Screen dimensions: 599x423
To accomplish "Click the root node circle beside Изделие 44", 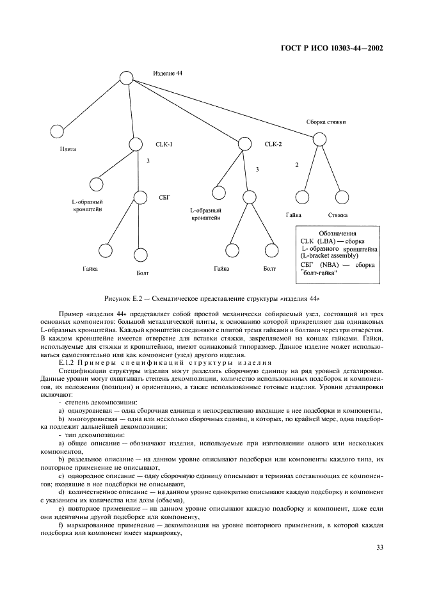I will coord(126,78).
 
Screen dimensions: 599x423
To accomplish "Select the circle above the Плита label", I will coord(57,131).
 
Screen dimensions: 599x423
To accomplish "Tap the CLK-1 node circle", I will coord(135,145).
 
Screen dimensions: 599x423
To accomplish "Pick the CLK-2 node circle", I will coord(244,145).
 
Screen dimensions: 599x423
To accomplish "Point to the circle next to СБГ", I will coord(141,198).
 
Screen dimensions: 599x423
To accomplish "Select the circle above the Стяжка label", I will coord(340,199).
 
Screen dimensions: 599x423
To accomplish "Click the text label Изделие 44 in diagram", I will coord(168,74).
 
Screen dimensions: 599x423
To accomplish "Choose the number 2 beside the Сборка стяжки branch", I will coord(296,165).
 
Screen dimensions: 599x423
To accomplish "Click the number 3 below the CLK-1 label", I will coord(148,161).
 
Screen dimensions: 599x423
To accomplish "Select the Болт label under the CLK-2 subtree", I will coord(269,269).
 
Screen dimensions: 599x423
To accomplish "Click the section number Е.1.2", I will coord(67,362).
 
